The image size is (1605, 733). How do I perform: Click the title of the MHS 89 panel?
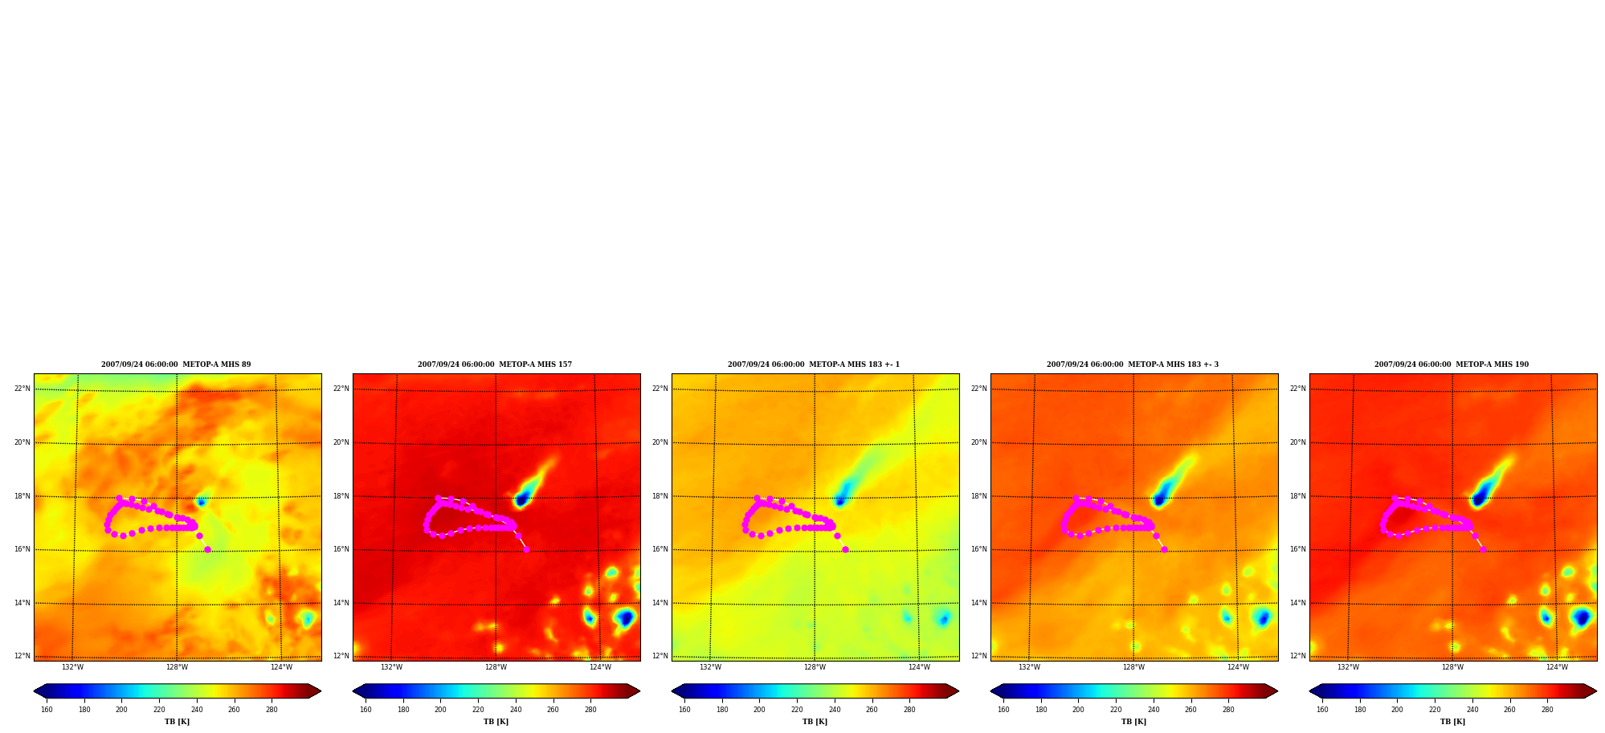pyautogui.click(x=176, y=364)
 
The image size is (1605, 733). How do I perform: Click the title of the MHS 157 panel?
pyautogui.click(x=495, y=364)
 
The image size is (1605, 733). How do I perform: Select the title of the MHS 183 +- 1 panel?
pyautogui.click(x=814, y=364)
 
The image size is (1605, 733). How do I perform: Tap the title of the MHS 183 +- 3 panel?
pyautogui.click(x=1133, y=364)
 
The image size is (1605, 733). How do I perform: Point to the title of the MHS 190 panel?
pyautogui.click(x=1452, y=364)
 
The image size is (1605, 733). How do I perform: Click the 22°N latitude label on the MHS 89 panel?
pyautogui.click(x=22, y=389)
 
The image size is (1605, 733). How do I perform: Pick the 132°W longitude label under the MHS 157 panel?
pyautogui.click(x=391, y=667)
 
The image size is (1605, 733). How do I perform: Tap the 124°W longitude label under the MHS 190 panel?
pyautogui.click(x=1557, y=667)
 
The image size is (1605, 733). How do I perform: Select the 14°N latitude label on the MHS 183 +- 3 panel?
pyautogui.click(x=979, y=603)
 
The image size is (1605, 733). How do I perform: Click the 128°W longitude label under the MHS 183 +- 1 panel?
pyautogui.click(x=815, y=667)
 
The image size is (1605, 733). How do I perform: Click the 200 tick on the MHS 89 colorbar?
pyautogui.click(x=121, y=710)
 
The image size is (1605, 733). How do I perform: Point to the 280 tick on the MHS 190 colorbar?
pyautogui.click(x=1547, y=710)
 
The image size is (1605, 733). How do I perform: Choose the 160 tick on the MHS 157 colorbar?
pyautogui.click(x=366, y=710)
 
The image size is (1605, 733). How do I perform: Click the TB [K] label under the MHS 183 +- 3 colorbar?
pyautogui.click(x=1133, y=722)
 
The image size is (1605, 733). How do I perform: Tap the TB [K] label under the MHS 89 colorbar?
pyautogui.click(x=177, y=722)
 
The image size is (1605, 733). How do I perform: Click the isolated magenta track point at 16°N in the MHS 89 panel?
pyautogui.click(x=207, y=549)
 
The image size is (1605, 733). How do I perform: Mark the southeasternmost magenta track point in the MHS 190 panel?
pyautogui.click(x=1483, y=549)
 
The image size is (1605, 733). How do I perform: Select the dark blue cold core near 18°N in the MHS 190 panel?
pyautogui.click(x=1479, y=499)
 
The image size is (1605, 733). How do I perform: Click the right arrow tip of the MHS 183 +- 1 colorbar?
pyautogui.click(x=958, y=691)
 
